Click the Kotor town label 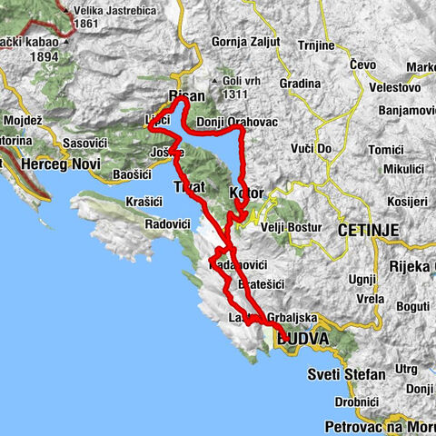(x=246, y=193)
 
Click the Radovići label (x=169, y=223)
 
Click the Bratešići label (x=261, y=284)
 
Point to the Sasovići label (x=87, y=144)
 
